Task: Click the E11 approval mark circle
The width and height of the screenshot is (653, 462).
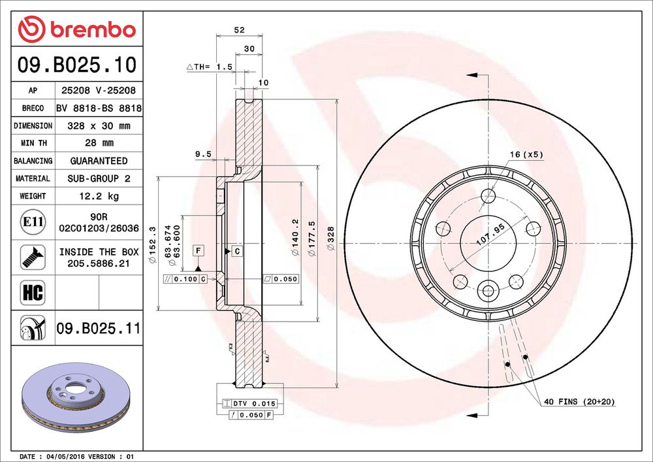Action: [33, 222]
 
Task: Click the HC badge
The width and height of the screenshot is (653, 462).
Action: [32, 292]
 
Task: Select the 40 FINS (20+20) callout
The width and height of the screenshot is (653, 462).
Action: [579, 401]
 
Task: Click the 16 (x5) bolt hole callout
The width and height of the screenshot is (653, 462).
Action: [526, 155]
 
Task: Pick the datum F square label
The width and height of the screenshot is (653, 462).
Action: [198, 250]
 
